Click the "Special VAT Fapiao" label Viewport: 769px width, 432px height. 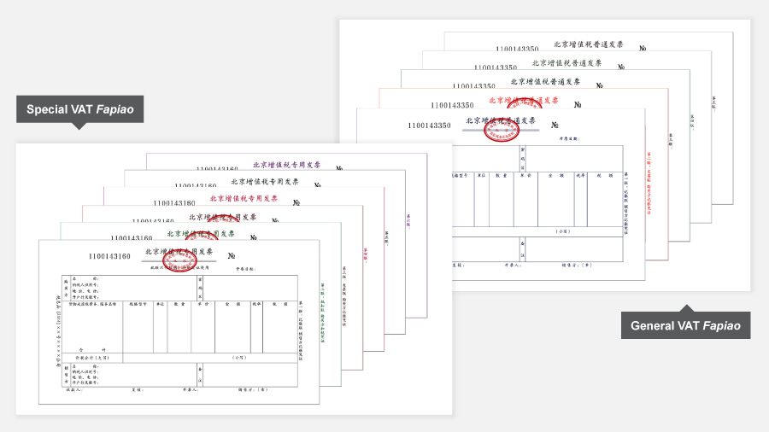(x=79, y=109)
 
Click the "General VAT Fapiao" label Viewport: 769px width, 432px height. (x=685, y=325)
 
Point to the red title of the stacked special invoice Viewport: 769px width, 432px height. (x=244, y=198)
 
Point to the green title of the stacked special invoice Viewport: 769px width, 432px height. (x=202, y=233)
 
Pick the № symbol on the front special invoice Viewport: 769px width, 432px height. (x=231, y=255)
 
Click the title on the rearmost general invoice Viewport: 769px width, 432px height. (x=589, y=44)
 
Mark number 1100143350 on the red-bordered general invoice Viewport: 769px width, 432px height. (x=452, y=105)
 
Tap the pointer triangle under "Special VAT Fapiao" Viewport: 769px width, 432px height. (x=79, y=126)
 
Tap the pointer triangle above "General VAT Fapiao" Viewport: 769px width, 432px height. (x=685, y=308)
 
